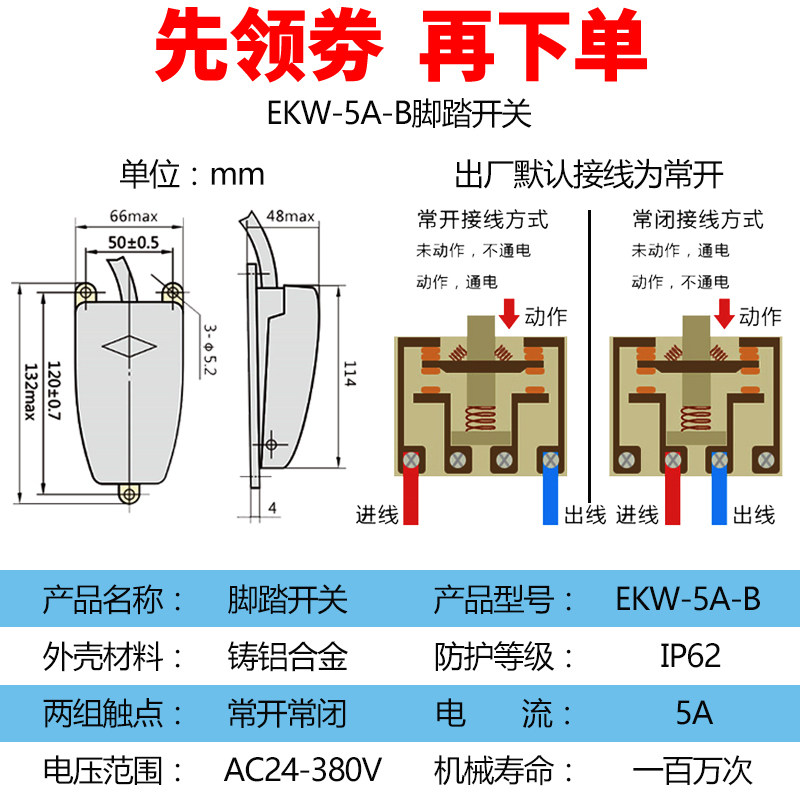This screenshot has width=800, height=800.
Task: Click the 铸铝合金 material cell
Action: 288,657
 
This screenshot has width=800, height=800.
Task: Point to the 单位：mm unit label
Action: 193,173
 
